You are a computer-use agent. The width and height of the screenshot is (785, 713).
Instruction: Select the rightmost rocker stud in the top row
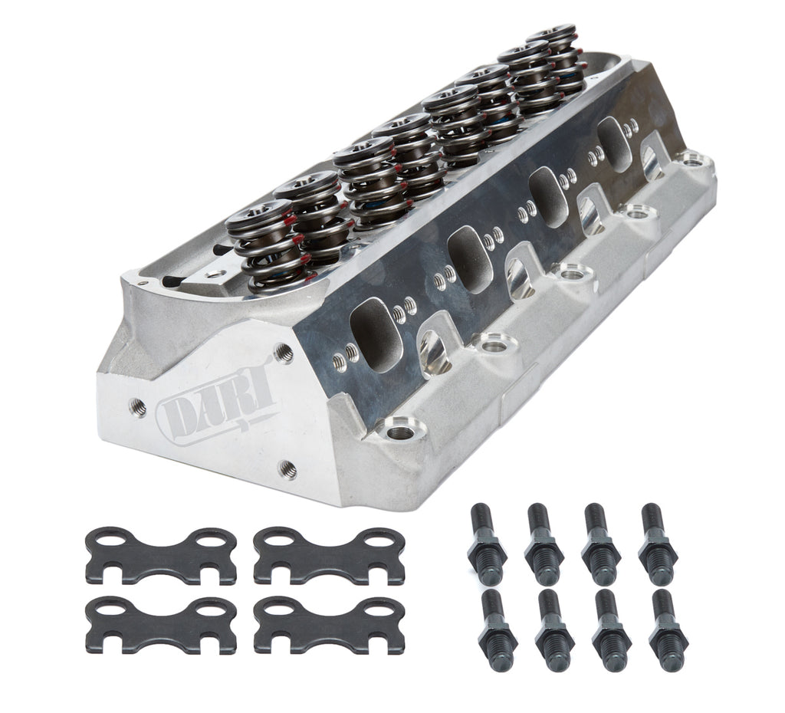tap(657, 544)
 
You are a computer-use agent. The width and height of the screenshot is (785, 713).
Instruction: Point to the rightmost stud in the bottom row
tap(667, 629)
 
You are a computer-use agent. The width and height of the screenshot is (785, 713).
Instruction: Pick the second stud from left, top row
tap(544, 544)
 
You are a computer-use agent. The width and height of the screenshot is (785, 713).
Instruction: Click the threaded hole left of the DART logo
tap(139, 408)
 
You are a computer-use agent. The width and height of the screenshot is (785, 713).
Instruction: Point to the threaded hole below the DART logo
tap(287, 469)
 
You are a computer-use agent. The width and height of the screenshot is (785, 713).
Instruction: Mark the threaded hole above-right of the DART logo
tap(283, 353)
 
